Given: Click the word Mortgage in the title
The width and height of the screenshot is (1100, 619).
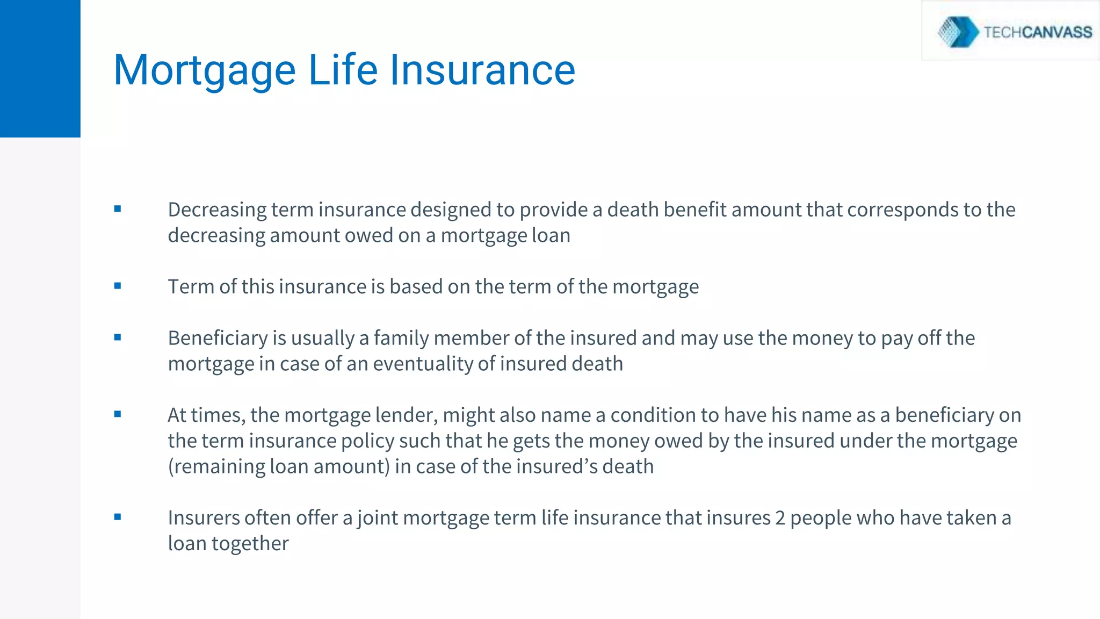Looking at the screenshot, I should point(205,71).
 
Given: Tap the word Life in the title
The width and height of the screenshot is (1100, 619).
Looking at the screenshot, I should point(343,70).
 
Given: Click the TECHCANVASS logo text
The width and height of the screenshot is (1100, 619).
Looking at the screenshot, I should point(1037,32).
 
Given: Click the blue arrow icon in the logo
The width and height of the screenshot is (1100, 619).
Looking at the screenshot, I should point(959,32).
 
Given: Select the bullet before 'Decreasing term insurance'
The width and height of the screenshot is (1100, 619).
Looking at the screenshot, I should point(118,209).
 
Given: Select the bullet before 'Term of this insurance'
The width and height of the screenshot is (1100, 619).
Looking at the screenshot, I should point(118,286).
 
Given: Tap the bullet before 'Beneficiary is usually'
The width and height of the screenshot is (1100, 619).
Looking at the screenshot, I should point(118,337).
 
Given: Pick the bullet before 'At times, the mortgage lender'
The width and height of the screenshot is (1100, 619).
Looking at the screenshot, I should point(118,414).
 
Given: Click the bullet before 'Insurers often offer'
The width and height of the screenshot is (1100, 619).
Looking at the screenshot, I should point(118,517).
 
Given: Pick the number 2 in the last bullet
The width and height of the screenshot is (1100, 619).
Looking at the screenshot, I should point(780,518).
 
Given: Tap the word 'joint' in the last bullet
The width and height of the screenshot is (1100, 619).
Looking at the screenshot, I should point(377,518).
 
